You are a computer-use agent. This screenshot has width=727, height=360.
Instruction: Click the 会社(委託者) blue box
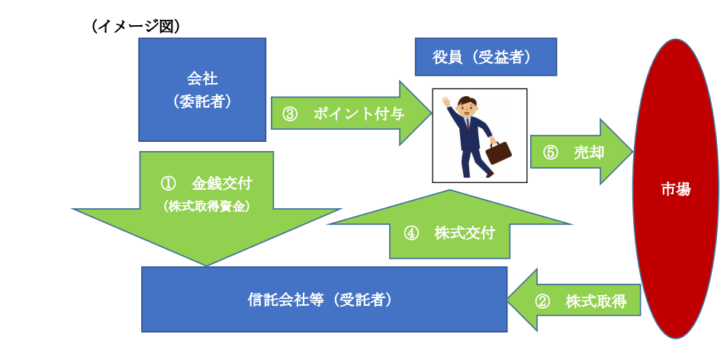point(202,89)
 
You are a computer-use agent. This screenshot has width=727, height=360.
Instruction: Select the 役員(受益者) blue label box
point(485,56)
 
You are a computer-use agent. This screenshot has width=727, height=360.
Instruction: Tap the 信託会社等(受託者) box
point(324,299)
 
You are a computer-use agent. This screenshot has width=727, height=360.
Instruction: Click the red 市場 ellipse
point(676,188)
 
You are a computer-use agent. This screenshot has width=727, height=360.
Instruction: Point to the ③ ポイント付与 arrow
point(352,114)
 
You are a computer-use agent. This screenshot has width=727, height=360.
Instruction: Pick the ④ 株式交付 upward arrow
point(449,223)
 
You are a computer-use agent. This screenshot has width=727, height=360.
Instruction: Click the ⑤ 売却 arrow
point(581,152)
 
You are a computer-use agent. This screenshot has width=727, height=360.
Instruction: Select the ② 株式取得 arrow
point(574,301)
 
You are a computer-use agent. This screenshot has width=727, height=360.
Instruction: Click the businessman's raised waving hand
point(446,102)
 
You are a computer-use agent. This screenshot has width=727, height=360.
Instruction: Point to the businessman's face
point(466,109)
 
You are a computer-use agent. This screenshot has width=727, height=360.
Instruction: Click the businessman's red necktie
point(468,124)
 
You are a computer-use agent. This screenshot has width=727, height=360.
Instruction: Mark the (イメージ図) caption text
point(136,27)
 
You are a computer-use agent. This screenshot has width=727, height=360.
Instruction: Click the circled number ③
point(289,114)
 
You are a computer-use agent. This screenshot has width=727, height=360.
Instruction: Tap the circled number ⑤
point(550,153)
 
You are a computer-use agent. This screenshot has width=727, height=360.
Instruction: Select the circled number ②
point(543,301)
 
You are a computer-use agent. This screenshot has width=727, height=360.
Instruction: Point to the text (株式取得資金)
point(206,207)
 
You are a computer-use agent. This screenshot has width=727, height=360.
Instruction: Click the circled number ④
point(411,233)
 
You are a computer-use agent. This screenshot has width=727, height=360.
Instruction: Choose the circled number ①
point(169,184)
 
